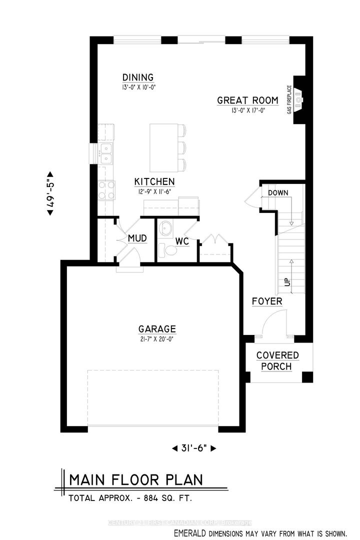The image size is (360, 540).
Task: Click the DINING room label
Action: pyautogui.click(x=138, y=77)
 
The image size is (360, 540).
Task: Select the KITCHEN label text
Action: pyautogui.click(x=154, y=181)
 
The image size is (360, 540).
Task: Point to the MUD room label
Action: pyautogui.click(x=137, y=238)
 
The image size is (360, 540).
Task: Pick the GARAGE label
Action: pyautogui.click(x=157, y=329)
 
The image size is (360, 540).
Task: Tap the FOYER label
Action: pyautogui.click(x=267, y=301)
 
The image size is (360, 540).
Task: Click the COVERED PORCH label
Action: pyautogui.click(x=277, y=360)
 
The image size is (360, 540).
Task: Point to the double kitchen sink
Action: pyautogui.click(x=106, y=153)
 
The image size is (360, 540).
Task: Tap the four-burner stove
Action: pyautogui.click(x=106, y=190)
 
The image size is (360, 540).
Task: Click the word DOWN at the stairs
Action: pyautogui.click(x=278, y=193)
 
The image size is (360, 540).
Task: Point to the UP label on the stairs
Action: pyautogui.click(x=287, y=282)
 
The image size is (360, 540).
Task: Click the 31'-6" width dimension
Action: pyautogui.click(x=194, y=448)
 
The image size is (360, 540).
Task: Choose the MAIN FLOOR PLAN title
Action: pyautogui.click(x=136, y=480)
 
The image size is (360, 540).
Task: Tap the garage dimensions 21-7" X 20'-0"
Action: pyautogui.click(x=157, y=339)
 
